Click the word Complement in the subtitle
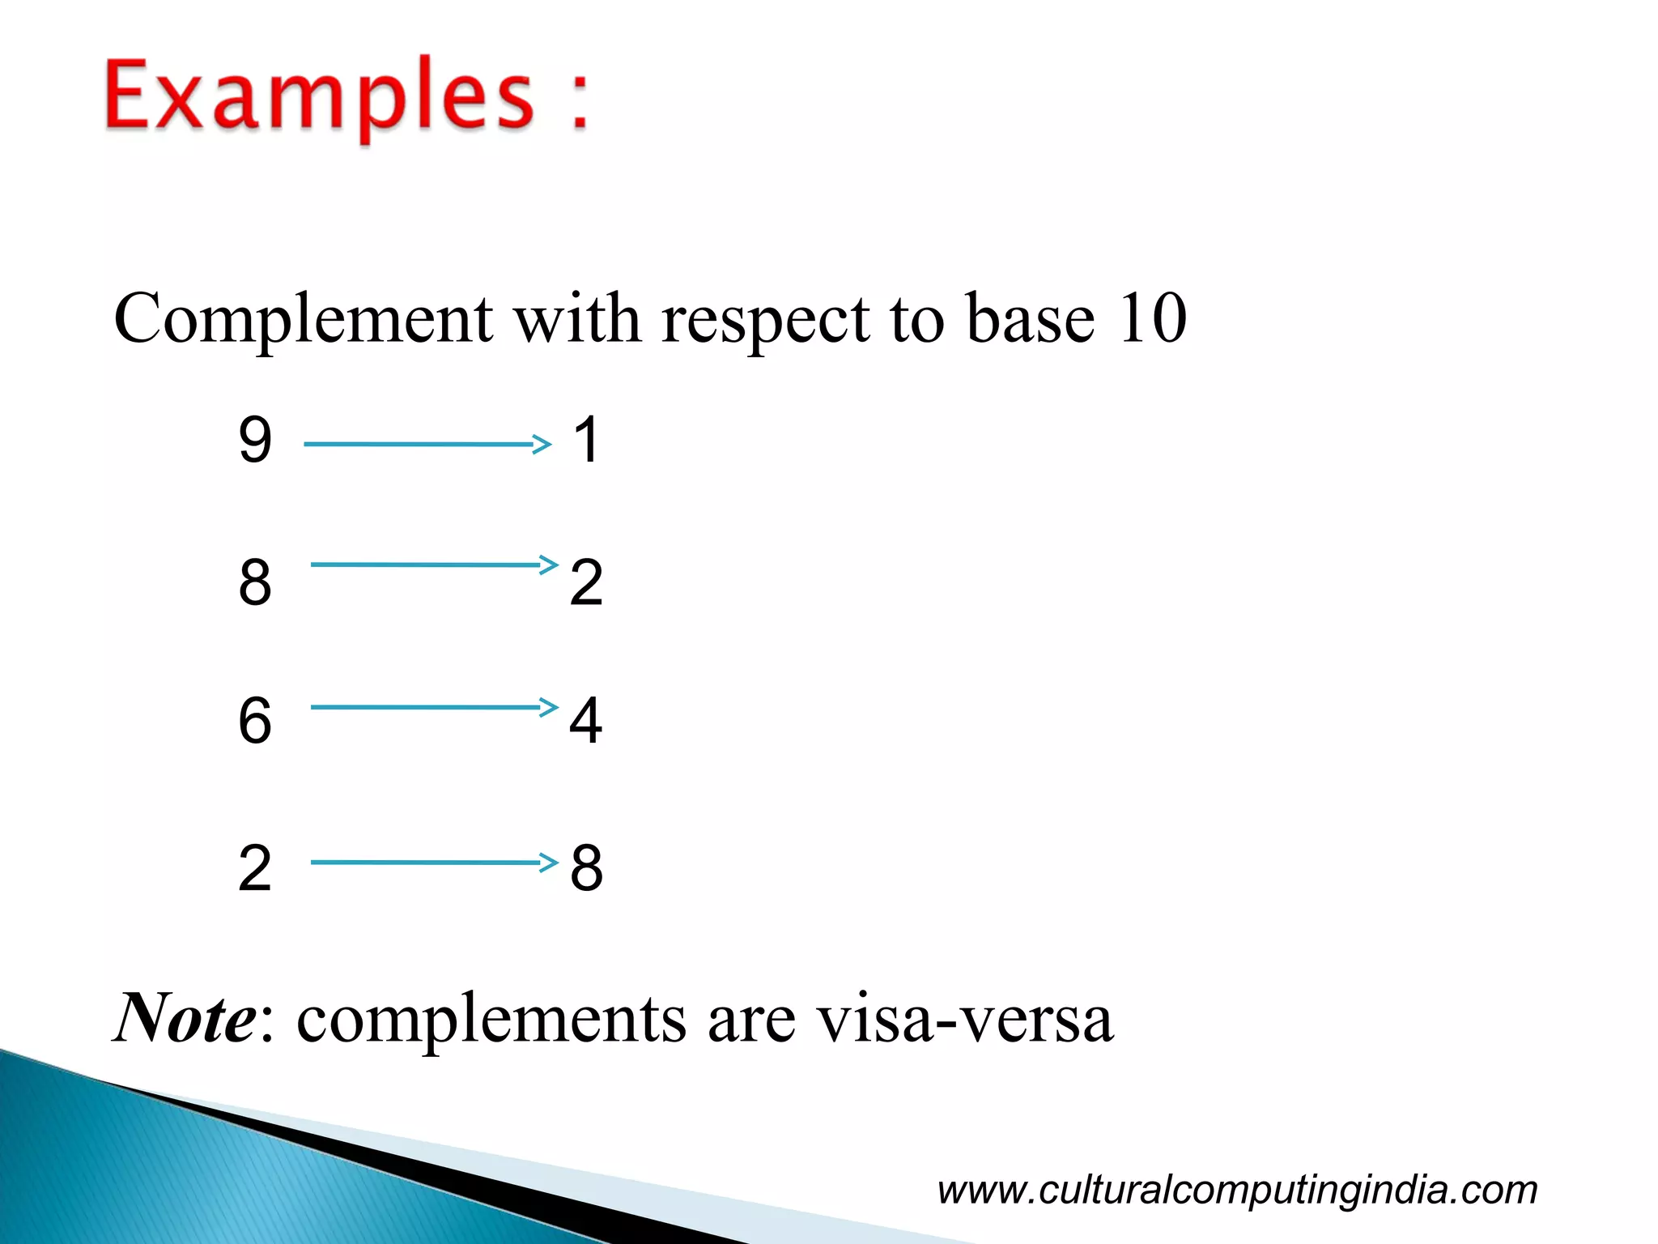coord(303,319)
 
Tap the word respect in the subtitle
coord(765,321)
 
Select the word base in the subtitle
coord(1031,319)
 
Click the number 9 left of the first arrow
coord(255,441)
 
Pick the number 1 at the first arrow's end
coord(586,441)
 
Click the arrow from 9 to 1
coord(427,444)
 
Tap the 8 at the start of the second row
coord(255,582)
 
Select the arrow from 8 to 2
coord(434,564)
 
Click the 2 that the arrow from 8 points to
coord(586,582)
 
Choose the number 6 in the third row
coord(255,720)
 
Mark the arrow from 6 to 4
coord(434,707)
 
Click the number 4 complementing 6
coord(586,720)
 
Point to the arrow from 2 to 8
coord(434,862)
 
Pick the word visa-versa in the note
coord(964,1019)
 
